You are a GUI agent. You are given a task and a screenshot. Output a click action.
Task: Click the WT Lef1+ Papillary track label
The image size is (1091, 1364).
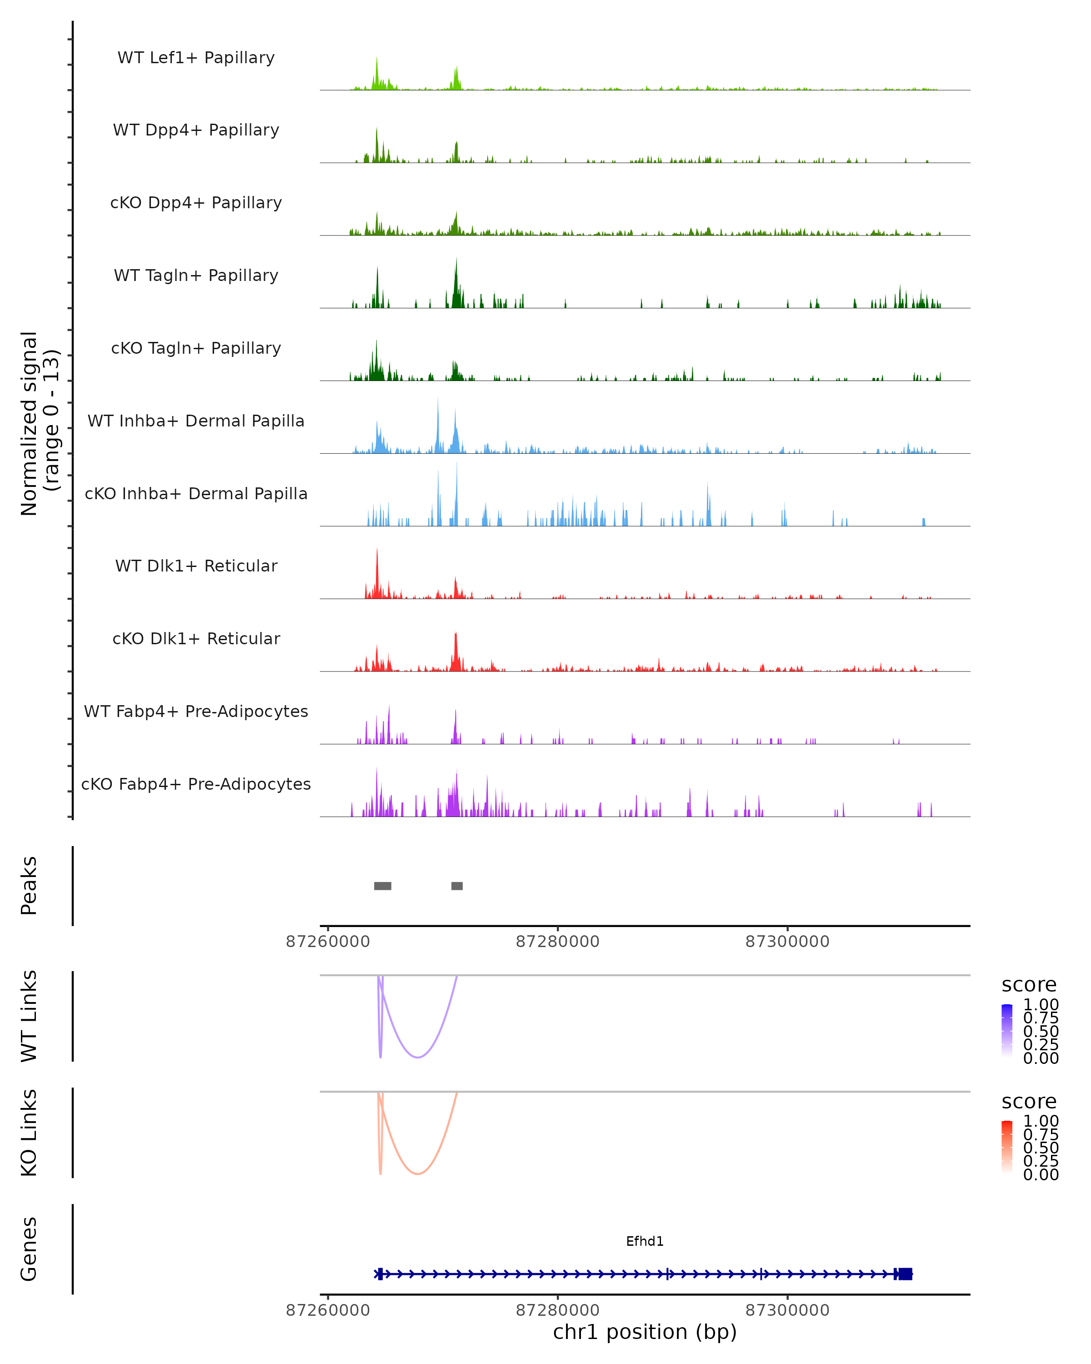[196, 58]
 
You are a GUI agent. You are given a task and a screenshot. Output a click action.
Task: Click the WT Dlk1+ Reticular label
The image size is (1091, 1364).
[196, 566]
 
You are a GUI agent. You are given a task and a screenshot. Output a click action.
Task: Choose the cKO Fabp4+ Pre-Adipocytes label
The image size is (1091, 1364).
[196, 784]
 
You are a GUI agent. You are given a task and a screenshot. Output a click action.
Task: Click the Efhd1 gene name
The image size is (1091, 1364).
[645, 1241]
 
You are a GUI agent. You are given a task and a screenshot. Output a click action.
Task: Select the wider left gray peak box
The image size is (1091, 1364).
[383, 886]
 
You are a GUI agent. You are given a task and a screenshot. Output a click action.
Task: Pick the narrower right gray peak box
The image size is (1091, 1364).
[457, 886]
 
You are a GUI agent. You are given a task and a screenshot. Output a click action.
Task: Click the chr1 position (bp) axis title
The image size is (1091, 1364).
[645, 1332]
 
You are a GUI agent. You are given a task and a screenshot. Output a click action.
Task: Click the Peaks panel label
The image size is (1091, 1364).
[29, 886]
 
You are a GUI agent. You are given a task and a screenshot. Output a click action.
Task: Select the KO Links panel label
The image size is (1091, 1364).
[29, 1133]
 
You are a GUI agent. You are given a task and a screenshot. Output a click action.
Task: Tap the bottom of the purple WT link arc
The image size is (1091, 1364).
[417, 1057]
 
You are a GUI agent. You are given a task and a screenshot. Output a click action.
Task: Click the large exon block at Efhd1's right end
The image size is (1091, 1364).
[905, 1274]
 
